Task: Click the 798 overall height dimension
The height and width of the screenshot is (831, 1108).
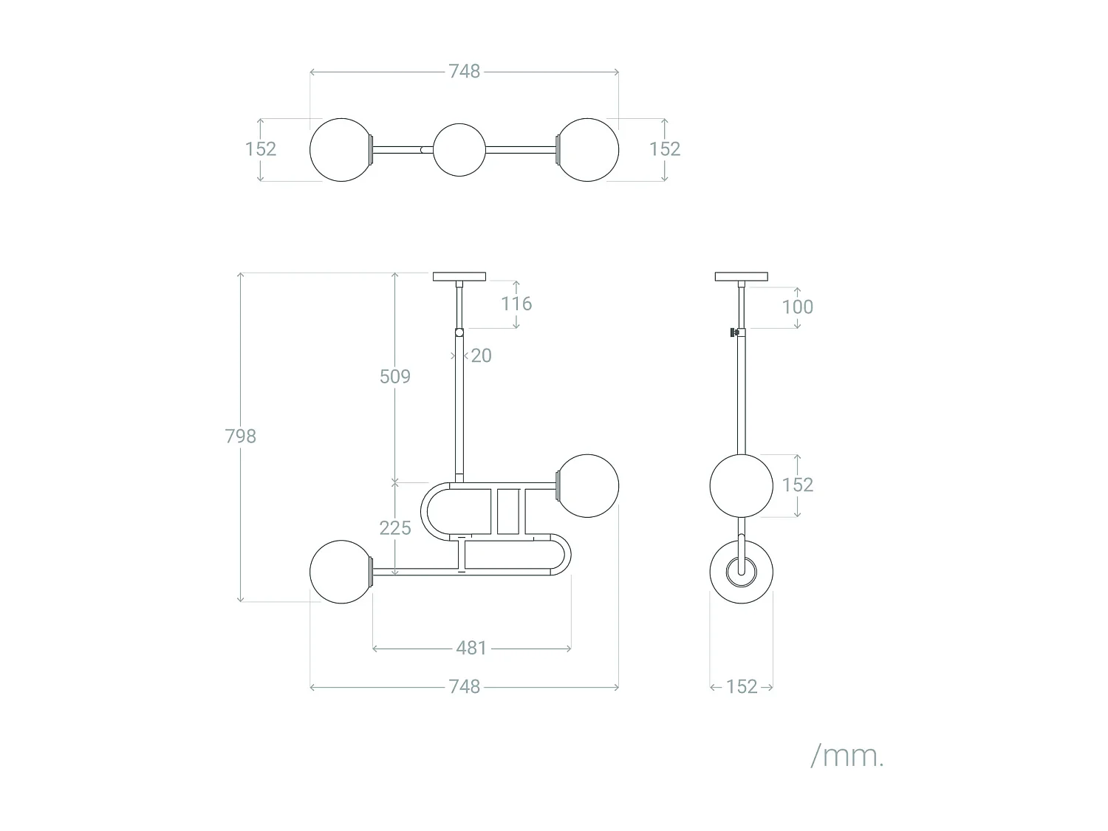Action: click(x=241, y=437)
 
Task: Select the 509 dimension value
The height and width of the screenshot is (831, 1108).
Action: click(x=395, y=377)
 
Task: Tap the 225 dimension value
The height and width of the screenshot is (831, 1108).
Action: click(x=395, y=528)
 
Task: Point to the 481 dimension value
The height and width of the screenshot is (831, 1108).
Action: click(x=471, y=649)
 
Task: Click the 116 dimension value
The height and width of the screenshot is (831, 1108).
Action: click(x=516, y=304)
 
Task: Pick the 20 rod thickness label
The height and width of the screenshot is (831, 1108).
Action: click(x=481, y=356)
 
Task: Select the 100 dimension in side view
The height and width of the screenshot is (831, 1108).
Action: click(x=798, y=307)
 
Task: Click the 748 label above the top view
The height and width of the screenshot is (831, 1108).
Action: click(x=465, y=72)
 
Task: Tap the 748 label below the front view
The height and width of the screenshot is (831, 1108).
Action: click(x=465, y=687)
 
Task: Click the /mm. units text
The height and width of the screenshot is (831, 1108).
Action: click(x=847, y=756)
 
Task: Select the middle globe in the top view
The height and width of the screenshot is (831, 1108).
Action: click(x=459, y=149)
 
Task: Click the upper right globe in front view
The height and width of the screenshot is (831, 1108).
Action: click(x=587, y=485)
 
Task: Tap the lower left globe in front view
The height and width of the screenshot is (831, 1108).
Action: click(x=341, y=572)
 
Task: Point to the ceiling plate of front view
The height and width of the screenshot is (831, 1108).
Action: click(x=459, y=277)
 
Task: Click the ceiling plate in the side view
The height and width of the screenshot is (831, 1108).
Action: click(x=741, y=277)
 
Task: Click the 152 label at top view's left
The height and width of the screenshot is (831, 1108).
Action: click(x=261, y=149)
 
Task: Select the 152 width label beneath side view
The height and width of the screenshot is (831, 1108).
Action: click(x=742, y=687)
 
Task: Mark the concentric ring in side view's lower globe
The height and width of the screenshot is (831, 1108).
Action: click(x=741, y=572)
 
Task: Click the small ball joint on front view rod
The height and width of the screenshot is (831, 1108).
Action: click(x=459, y=333)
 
